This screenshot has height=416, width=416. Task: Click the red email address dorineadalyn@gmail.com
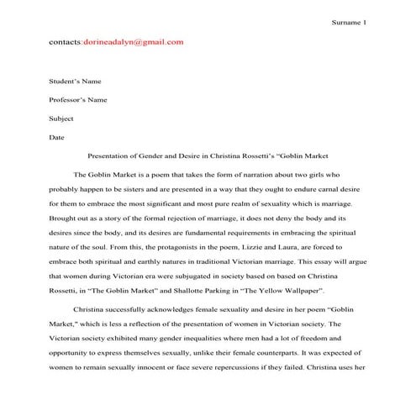133,41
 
